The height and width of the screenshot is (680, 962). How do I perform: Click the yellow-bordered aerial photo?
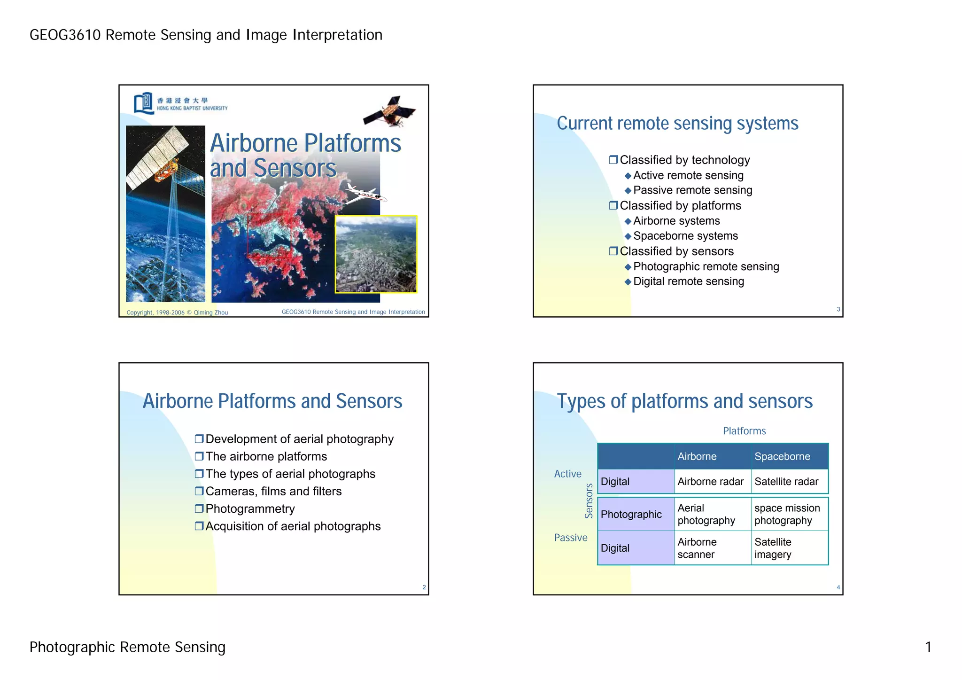click(x=376, y=254)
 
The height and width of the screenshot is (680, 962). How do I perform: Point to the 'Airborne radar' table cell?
click(x=710, y=482)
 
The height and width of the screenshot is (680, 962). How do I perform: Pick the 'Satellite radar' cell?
click(x=786, y=482)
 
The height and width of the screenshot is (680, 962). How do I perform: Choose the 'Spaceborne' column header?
click(x=782, y=456)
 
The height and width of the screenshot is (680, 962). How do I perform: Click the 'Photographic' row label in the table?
click(x=631, y=514)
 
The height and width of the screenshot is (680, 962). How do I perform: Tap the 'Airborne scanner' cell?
click(x=697, y=548)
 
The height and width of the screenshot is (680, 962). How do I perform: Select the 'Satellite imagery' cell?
click(x=773, y=548)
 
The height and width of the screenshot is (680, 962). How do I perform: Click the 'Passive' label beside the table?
click(x=571, y=538)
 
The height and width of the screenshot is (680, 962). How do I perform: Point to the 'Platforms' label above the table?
click(x=744, y=431)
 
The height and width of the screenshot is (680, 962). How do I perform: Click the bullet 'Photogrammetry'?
click(x=250, y=509)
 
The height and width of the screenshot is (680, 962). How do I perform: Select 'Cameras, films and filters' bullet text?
click(x=273, y=492)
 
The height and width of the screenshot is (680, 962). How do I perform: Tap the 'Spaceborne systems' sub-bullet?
click(x=685, y=236)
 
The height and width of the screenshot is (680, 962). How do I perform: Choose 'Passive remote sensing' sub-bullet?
click(x=692, y=190)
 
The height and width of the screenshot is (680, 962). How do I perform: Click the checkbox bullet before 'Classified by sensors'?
click(x=613, y=251)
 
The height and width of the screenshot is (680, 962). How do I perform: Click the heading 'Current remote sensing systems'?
click(x=677, y=124)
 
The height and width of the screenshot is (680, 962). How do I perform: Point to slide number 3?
click(x=838, y=309)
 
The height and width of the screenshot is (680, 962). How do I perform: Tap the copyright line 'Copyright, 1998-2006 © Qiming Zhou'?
click(x=177, y=313)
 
